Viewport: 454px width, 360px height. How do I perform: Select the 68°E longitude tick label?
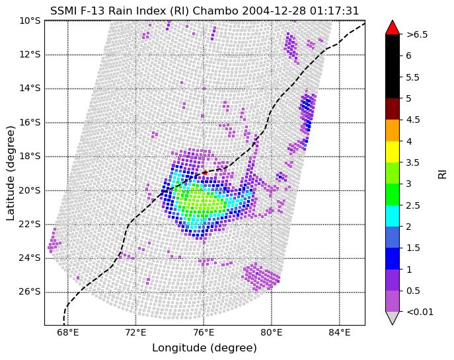click(68, 333)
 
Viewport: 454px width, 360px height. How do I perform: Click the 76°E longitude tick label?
click(204, 333)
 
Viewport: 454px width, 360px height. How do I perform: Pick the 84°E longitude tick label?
click(339, 333)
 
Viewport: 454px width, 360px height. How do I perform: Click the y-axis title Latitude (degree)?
click(11, 173)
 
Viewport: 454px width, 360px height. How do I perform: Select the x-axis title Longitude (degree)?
click(204, 347)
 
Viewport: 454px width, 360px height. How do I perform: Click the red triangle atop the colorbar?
click(392, 27)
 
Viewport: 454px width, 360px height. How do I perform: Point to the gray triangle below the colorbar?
click(392, 318)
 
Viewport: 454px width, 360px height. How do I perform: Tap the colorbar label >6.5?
click(417, 34)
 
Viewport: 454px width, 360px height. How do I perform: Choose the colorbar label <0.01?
click(420, 312)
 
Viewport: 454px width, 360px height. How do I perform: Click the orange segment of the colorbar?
click(392, 130)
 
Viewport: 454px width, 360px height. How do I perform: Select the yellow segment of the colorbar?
click(392, 151)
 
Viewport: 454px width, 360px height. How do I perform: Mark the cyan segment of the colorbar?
click(392, 215)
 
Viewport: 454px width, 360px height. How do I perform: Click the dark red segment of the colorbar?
click(392, 109)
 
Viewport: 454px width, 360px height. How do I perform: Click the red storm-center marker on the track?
click(205, 172)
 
